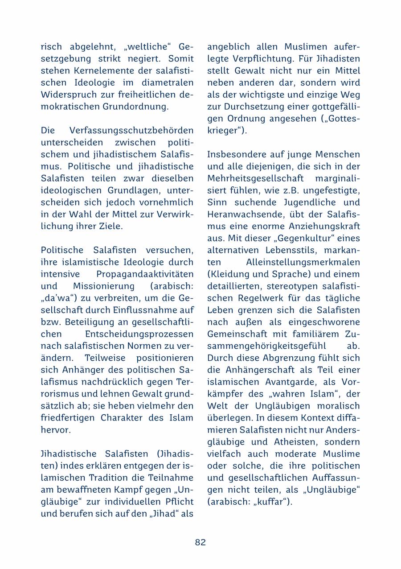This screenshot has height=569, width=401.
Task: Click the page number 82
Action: [x=200, y=542]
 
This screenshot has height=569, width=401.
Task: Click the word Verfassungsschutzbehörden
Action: [x=131, y=131]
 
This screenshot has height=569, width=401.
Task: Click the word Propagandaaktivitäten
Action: [x=145, y=274]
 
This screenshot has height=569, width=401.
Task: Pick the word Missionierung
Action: [x=103, y=286]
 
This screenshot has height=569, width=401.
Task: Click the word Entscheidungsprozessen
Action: [x=139, y=334]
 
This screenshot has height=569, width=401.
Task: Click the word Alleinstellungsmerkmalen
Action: [x=303, y=262]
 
